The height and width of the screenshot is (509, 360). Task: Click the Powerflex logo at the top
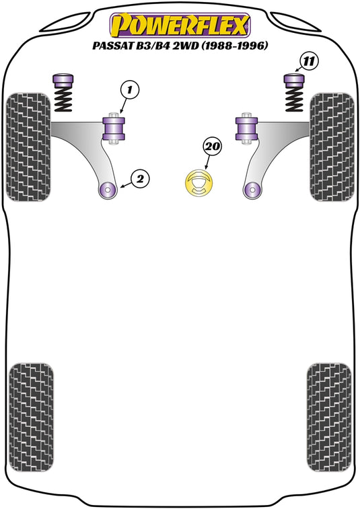click(180, 26)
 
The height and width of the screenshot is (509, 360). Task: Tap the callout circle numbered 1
click(130, 89)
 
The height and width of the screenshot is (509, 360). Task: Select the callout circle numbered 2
click(140, 179)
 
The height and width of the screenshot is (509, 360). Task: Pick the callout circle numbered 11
click(309, 61)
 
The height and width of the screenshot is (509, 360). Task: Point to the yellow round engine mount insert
click(199, 183)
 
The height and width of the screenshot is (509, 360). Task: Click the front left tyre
click(29, 147)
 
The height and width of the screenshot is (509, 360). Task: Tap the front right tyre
click(332, 147)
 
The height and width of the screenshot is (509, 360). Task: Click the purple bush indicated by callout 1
click(114, 128)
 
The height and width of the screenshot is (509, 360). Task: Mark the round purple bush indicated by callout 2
click(107, 189)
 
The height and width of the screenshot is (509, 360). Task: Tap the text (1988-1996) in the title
click(235, 46)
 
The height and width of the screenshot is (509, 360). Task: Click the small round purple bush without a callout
click(252, 189)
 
